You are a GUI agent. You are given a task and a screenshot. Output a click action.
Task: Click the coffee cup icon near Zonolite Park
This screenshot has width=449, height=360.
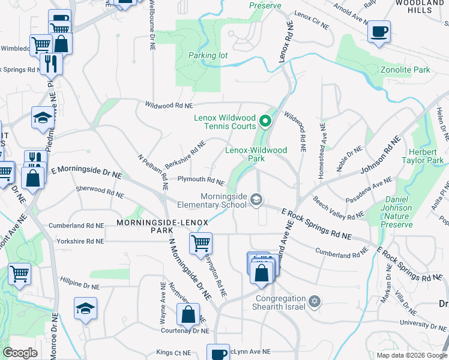tap(379, 31)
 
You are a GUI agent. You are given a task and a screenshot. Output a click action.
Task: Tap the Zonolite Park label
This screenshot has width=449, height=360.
tap(405, 70)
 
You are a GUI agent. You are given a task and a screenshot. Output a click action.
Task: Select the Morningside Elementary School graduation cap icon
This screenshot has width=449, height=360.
tap(256, 199)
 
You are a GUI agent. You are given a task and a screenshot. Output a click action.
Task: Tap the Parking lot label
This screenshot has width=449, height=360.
tap(208, 55)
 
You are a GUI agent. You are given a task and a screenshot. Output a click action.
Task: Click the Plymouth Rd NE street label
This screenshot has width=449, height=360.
tap(200, 179)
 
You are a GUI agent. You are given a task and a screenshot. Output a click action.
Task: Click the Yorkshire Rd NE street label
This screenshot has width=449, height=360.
tap(78, 241)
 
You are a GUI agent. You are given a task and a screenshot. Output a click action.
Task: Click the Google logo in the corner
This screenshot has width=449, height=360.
tap(20, 353)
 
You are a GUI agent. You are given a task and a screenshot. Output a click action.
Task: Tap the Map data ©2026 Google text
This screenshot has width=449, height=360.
tap(411, 355)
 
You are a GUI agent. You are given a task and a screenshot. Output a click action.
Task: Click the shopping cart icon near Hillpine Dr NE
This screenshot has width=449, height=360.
tap(20, 274)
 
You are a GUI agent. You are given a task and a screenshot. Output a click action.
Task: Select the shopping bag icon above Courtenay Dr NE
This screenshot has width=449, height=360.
tap(188, 313)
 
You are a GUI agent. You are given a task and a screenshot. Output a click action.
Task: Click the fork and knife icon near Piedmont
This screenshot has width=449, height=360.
tap(52, 62)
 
